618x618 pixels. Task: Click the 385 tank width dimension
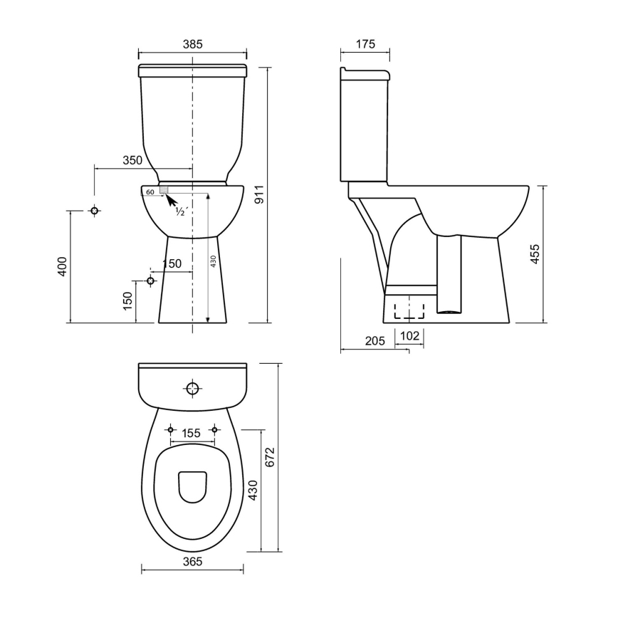point(192,44)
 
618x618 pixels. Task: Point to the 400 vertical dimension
point(62,267)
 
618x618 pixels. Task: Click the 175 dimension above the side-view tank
point(365,44)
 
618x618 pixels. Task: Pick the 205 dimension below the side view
point(375,341)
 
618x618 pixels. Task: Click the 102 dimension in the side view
point(409,335)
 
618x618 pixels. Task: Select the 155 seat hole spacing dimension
point(191,432)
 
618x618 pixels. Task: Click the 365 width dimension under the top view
point(192,561)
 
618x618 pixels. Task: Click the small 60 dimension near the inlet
point(150,192)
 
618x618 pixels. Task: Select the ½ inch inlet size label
point(181,211)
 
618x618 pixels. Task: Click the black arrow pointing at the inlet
point(171,199)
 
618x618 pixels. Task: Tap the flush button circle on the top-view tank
point(192,389)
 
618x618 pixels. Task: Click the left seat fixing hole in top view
point(170,429)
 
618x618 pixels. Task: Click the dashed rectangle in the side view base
point(409,309)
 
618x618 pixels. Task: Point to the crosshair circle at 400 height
point(94,211)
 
